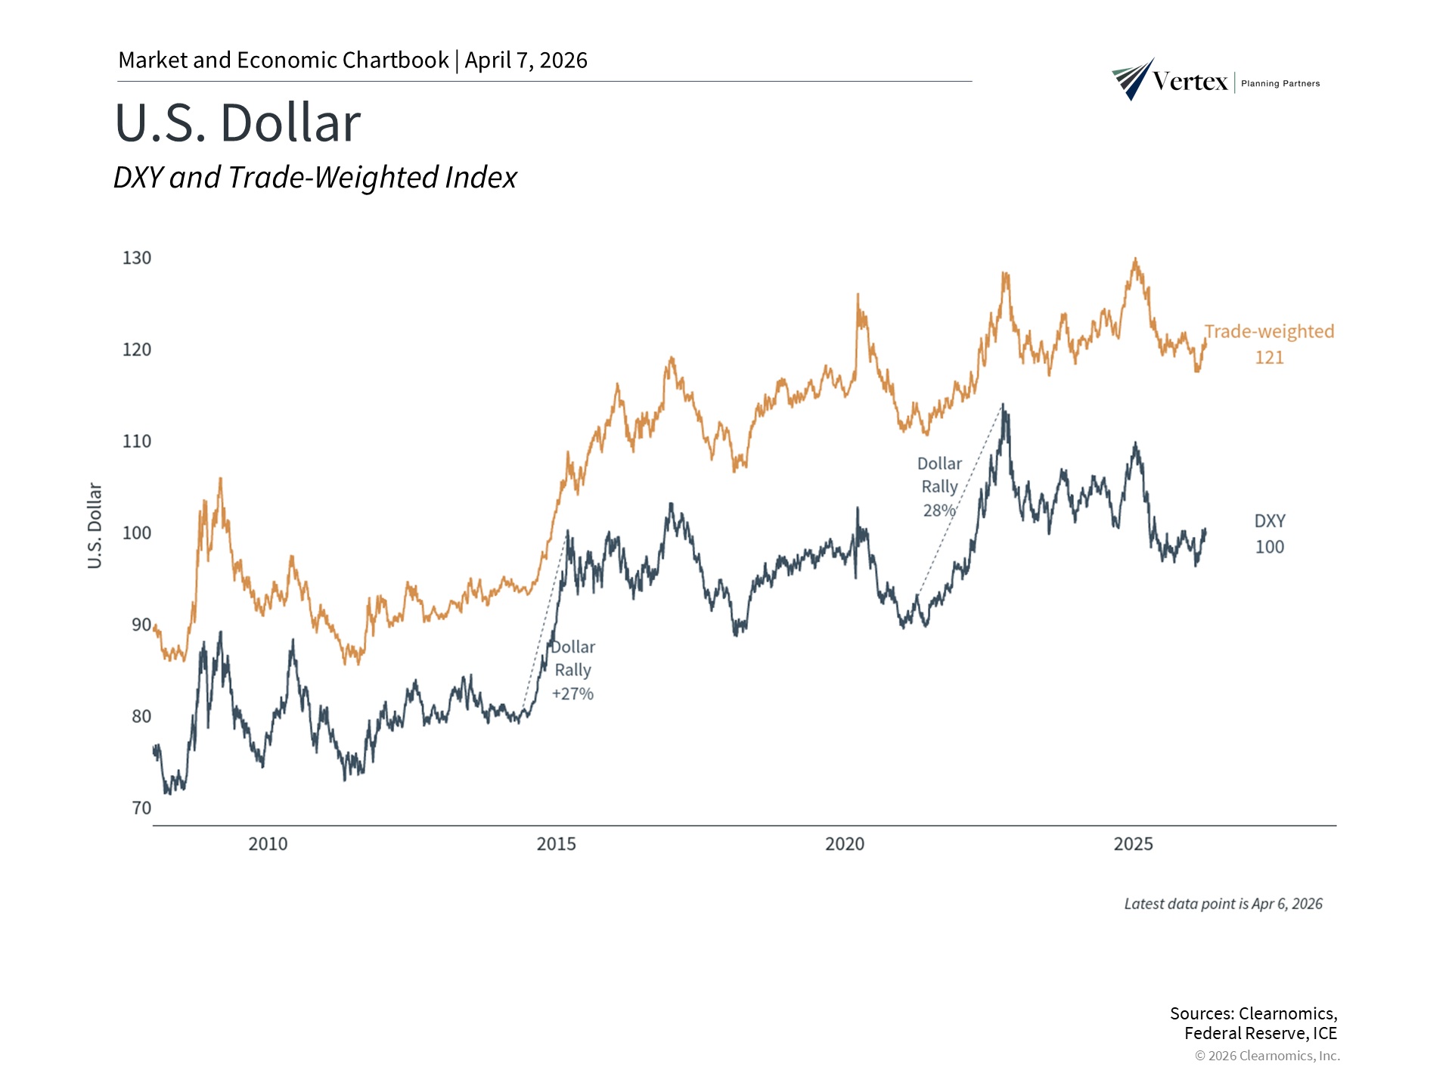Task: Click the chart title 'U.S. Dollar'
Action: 237,123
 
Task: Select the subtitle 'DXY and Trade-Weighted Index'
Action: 315,178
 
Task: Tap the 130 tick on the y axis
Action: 137,258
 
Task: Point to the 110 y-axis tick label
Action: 137,441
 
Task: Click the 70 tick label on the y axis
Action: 141,808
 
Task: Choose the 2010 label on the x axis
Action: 268,844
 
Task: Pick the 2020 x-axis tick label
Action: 844,844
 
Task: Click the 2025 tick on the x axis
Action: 1133,844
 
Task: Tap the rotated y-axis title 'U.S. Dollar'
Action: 95,526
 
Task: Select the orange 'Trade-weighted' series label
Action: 1269,331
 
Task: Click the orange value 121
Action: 1269,358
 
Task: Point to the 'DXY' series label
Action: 1270,521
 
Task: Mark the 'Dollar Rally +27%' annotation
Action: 572,670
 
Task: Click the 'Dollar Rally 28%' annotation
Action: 939,487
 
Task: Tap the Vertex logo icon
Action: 1133,79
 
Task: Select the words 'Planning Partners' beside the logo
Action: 1280,83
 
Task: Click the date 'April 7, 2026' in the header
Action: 526,60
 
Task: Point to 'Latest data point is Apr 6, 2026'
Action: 1223,904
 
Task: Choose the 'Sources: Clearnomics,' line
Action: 1253,1013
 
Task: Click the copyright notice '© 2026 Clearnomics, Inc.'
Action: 1267,1056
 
